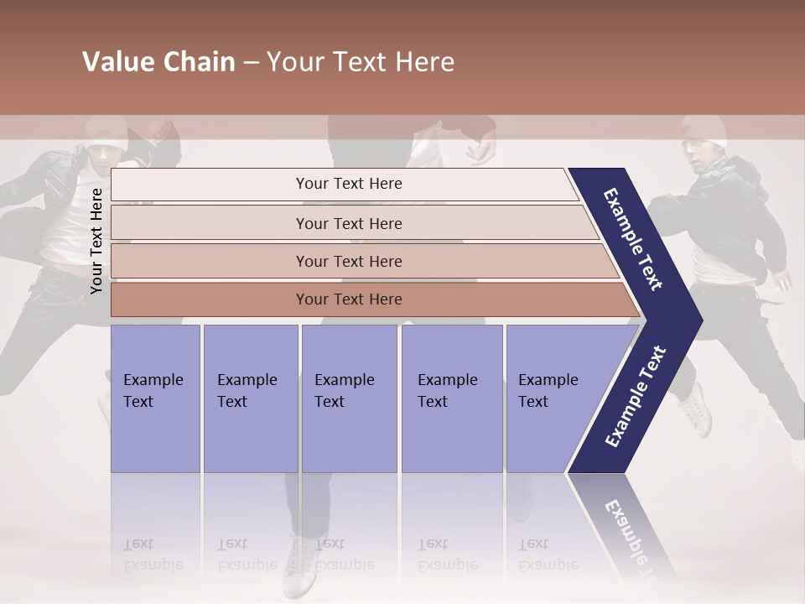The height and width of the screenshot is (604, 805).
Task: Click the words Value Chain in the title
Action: coord(158,62)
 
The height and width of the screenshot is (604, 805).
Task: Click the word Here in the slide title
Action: coord(423,62)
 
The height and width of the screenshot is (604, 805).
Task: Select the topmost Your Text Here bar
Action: coord(348,184)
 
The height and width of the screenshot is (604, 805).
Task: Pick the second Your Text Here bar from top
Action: coord(348,223)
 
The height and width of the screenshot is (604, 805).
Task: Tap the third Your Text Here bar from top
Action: coord(348,262)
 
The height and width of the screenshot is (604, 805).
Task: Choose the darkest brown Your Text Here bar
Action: coord(348,299)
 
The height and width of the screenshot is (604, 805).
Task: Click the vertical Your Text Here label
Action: coord(96,242)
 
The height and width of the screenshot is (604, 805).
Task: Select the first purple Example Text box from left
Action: coord(155,398)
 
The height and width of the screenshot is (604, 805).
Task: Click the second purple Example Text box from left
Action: coord(250,398)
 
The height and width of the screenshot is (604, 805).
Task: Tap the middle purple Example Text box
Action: coord(349,398)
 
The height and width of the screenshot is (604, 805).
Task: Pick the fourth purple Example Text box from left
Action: coord(451,398)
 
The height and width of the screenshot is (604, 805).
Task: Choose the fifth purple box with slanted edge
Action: coord(553,398)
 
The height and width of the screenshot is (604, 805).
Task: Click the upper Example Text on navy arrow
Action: coord(633,239)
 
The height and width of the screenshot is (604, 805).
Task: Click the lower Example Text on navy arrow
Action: coord(636,397)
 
